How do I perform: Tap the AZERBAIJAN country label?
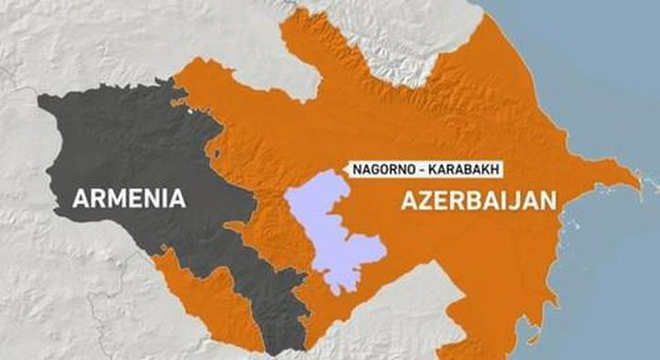click(478, 201)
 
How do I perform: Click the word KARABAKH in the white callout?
click(460, 170)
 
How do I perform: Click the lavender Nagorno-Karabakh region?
click(330, 226)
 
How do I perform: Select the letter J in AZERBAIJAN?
click(515, 201)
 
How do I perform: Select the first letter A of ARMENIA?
click(82, 199)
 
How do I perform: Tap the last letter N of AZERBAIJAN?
click(546, 201)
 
